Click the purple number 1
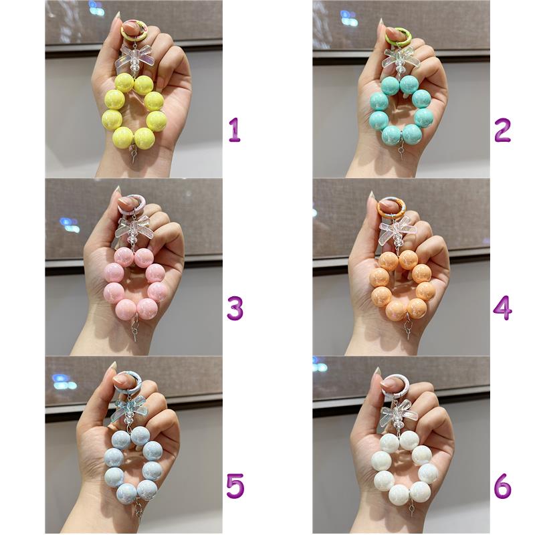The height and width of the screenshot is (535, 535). (x=235, y=130)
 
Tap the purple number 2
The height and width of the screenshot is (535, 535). (x=503, y=130)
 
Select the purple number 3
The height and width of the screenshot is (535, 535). (x=235, y=308)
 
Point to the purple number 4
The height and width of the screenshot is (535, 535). (x=503, y=308)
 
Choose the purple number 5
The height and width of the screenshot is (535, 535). (x=235, y=486)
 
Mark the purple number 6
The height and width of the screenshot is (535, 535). (x=503, y=486)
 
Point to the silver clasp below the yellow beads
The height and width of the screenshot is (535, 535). (x=134, y=154)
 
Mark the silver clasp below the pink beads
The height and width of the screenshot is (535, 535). (x=135, y=328)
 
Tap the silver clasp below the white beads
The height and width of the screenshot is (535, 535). (x=412, y=508)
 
